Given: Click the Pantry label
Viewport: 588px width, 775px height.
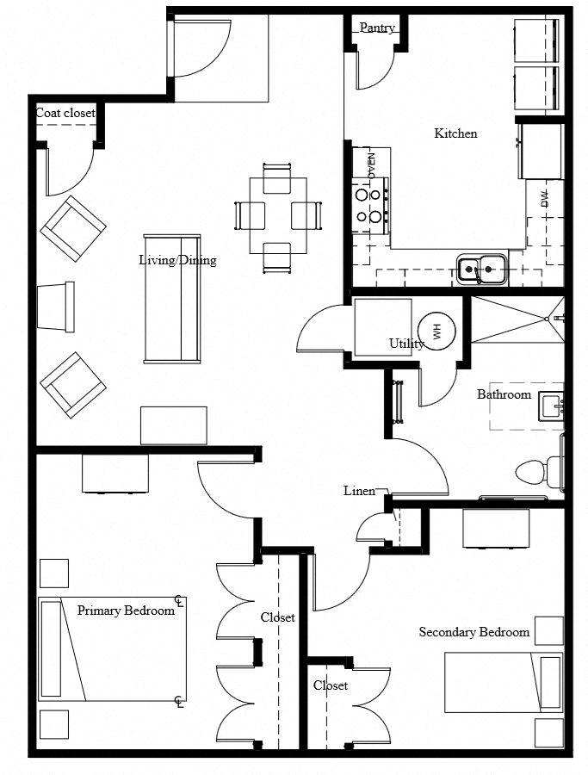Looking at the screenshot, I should click(377, 28).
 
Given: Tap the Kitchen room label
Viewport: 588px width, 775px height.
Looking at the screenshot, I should click(455, 133).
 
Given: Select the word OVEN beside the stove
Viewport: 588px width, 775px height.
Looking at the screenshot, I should click(372, 165).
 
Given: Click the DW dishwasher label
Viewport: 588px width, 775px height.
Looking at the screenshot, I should click(544, 200).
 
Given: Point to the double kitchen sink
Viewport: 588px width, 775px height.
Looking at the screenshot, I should click(480, 270).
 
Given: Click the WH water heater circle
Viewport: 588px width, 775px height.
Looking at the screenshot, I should click(436, 332).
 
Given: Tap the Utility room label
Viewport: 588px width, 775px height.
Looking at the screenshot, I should click(405, 344).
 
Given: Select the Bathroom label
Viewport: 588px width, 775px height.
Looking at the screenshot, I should click(504, 394).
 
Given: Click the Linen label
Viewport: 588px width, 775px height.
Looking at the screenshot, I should click(359, 491).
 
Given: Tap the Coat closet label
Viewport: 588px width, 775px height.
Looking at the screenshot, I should click(65, 113).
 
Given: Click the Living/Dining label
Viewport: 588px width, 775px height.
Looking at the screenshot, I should click(177, 260).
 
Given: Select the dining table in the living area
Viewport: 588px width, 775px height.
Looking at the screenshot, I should click(278, 215).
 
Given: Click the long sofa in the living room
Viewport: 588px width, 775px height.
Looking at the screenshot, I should click(172, 297).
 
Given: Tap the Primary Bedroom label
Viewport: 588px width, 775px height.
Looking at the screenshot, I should click(126, 611).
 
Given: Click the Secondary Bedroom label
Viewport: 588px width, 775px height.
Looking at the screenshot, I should click(473, 632).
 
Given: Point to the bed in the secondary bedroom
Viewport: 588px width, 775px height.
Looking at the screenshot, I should click(504, 685).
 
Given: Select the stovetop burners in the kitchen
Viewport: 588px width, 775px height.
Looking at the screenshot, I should click(368, 205).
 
